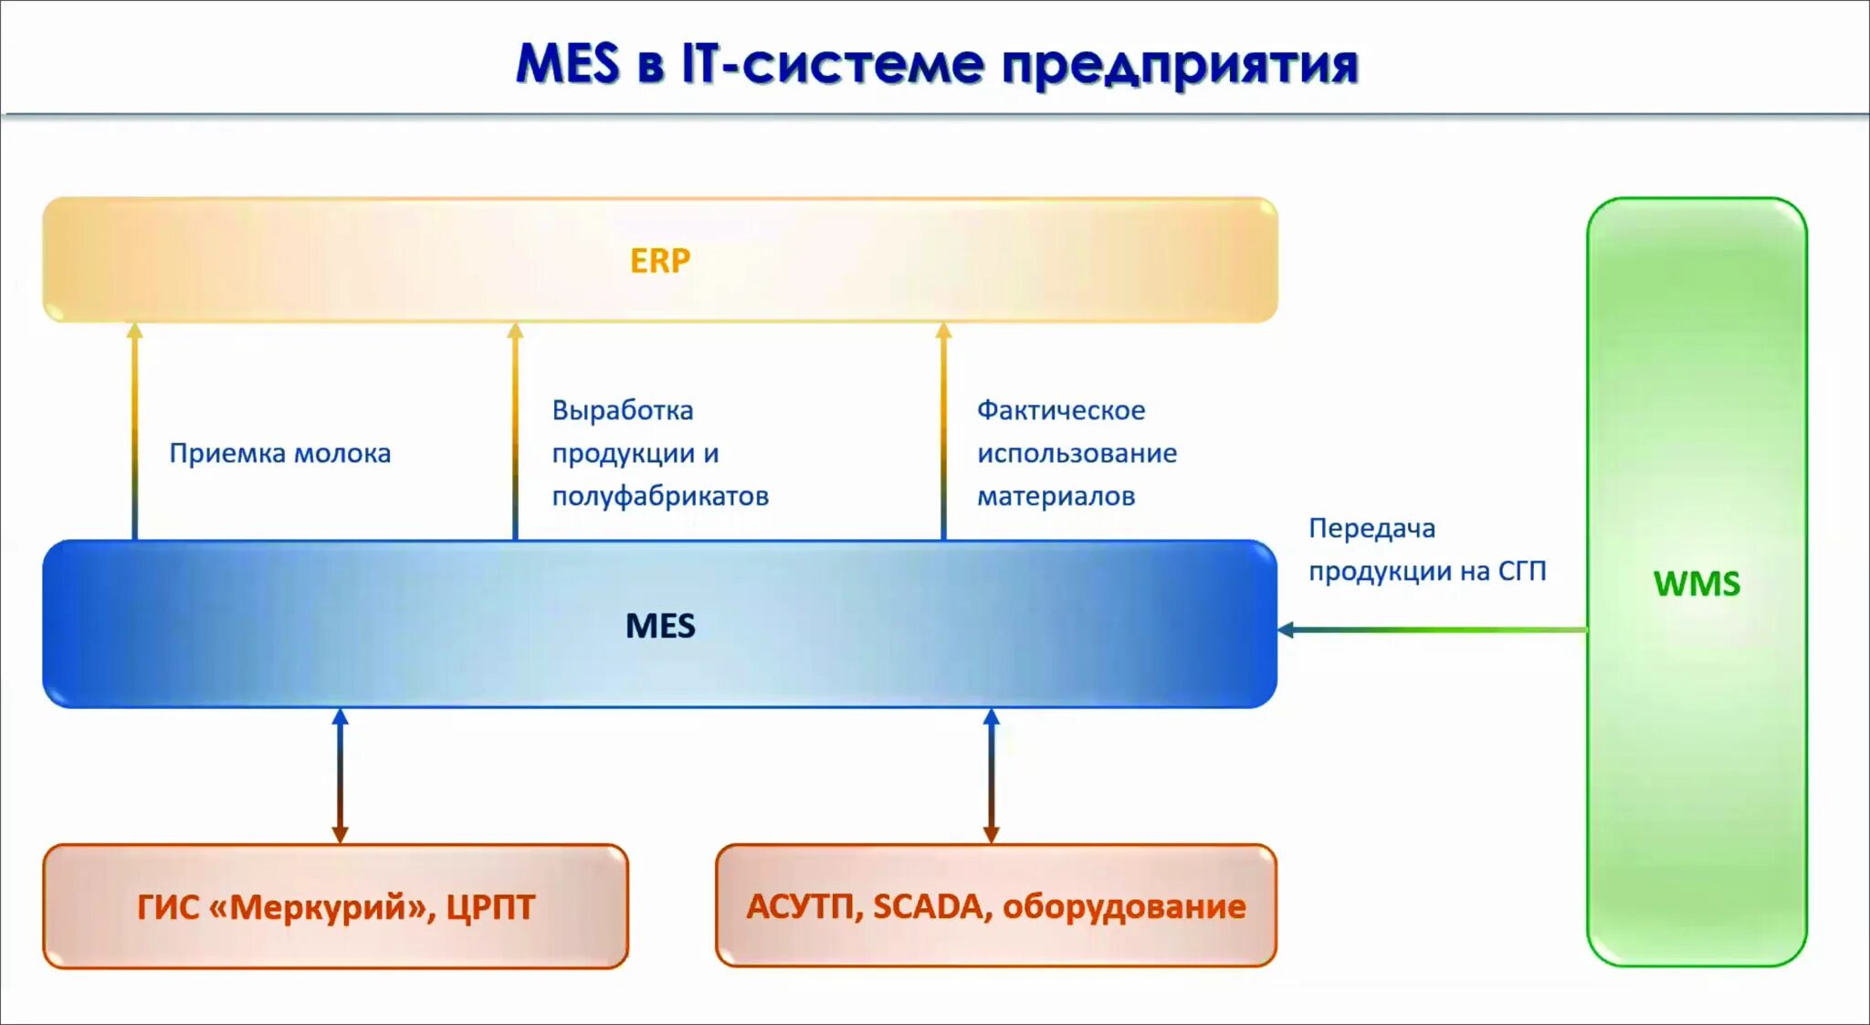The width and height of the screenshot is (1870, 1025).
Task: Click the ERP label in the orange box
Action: point(659,261)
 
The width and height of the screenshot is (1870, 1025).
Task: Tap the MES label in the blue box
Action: point(659,626)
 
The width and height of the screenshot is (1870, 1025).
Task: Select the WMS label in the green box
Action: point(1697,584)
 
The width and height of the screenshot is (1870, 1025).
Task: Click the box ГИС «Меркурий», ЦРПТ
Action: point(335,905)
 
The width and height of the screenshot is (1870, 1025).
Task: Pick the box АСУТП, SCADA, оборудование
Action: point(995,905)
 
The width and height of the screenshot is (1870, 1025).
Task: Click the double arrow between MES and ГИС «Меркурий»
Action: point(340,776)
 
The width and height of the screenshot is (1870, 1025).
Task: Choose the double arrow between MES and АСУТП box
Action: point(991,776)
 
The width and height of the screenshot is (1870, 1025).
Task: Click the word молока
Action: point(342,453)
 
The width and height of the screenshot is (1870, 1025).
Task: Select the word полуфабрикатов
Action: point(659,496)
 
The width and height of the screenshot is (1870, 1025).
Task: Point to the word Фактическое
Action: point(1060,410)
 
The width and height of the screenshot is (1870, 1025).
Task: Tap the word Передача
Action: point(1371,528)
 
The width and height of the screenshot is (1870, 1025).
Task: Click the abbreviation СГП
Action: point(1521,571)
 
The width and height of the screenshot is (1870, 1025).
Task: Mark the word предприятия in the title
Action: point(1179,65)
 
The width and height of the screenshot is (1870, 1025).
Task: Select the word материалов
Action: point(1056,496)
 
